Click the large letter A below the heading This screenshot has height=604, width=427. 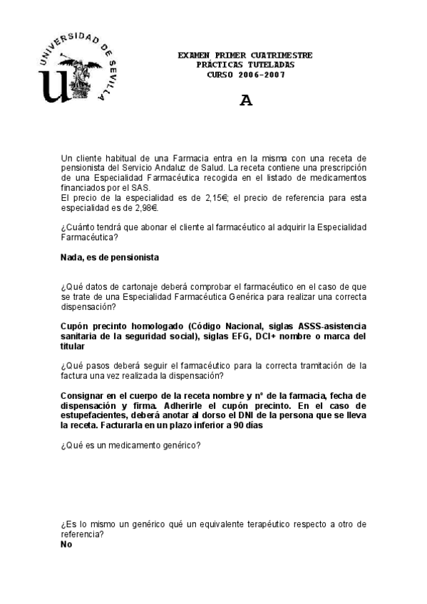pos(246,100)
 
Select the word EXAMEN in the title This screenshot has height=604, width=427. pos(194,56)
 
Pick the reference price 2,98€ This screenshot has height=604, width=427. pos(143,208)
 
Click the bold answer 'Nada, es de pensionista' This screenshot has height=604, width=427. pos(110,256)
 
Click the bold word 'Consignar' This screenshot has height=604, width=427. pos(86,395)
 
